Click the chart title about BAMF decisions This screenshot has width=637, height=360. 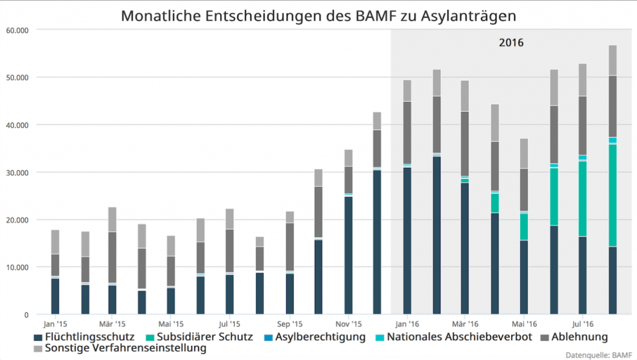point(318,16)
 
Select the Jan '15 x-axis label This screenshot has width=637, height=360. point(55,324)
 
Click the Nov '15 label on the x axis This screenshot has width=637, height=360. point(348,324)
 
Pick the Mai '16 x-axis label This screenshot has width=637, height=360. point(524,324)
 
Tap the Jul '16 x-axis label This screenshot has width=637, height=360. point(583,324)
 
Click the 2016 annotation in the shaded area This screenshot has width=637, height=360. point(511,44)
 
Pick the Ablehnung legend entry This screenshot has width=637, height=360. point(576,338)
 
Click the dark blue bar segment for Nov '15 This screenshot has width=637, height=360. point(348,255)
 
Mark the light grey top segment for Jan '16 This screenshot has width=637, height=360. point(407,91)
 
